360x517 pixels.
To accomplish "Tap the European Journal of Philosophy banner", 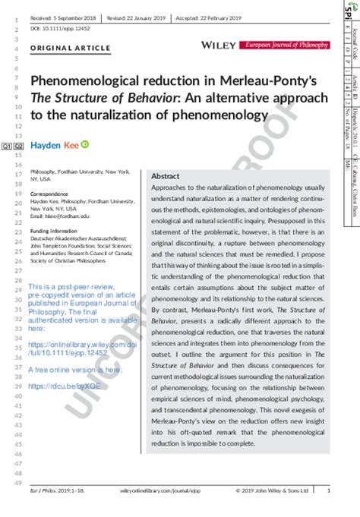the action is coord(286,46).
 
